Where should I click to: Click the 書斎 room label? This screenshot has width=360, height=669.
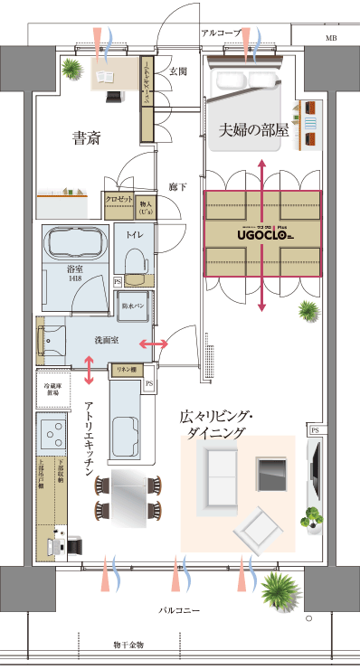pos(86,138)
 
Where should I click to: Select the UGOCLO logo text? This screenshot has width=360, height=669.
pos(262,232)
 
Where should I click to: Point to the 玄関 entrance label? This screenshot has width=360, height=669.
pos(177,71)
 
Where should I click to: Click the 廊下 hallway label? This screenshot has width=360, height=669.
pos(177,187)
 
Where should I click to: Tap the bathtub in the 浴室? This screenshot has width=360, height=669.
pos(76,244)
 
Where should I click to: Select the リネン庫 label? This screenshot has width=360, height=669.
pos(125,370)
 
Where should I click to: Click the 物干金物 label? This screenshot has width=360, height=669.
pos(128,645)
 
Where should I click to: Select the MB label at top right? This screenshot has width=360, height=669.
pos(331,38)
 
